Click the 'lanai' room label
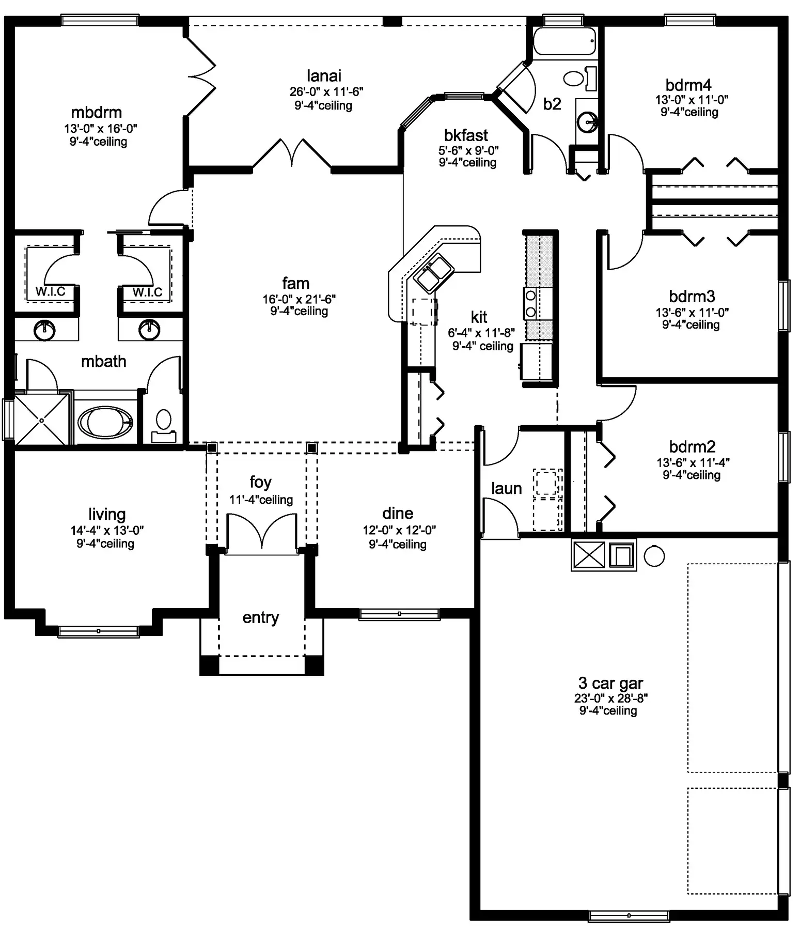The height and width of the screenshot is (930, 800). tap(324, 76)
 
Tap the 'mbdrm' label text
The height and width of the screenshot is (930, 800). tap(97, 113)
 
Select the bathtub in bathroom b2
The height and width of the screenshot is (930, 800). tap(564, 41)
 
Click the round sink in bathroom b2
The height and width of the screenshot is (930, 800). tap(588, 123)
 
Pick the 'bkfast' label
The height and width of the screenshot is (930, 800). tap(466, 135)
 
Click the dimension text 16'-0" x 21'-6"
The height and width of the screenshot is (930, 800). tap(299, 299)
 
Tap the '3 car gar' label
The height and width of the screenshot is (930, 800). tap(610, 683)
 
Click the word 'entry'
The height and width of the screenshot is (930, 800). tap(261, 617)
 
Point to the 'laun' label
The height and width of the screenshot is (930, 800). tap(506, 488)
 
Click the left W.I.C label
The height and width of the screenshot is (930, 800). tap(50, 292)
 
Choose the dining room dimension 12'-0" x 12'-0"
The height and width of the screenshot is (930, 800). tap(399, 530)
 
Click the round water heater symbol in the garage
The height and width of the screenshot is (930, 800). tap(654, 556)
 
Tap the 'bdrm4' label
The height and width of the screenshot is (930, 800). tap(688, 85)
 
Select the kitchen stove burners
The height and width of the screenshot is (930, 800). tap(530, 303)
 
